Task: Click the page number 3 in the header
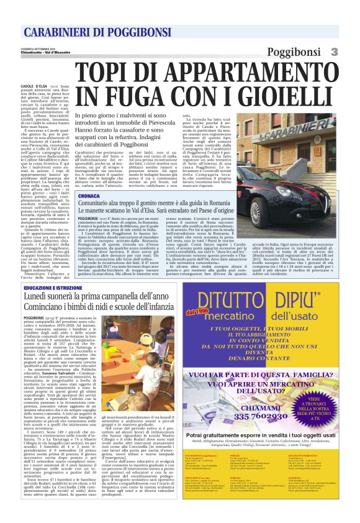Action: click(x=334, y=52)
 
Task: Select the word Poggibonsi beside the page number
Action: click(x=296, y=52)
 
